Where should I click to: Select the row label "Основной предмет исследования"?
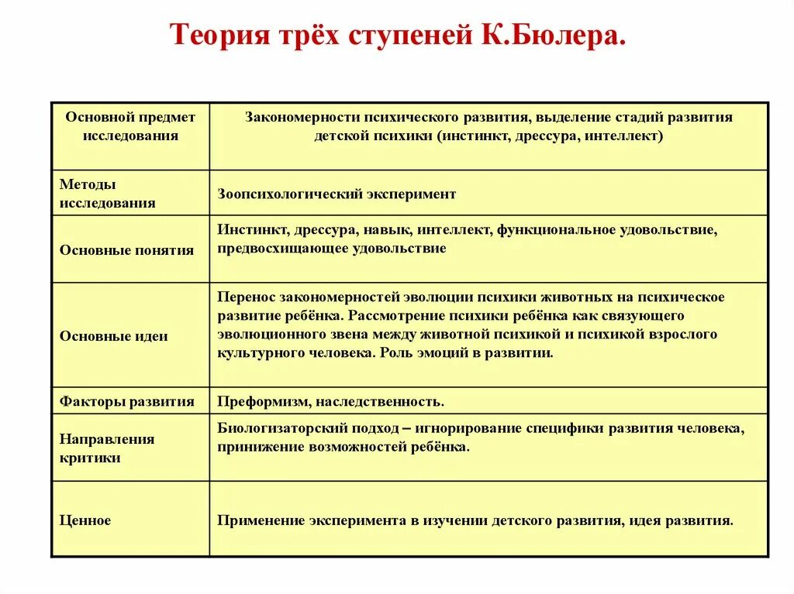pos(130,126)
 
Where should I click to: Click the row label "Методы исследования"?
pos(107,194)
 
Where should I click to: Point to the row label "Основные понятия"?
pos(126,250)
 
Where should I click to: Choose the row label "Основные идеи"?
pos(113,336)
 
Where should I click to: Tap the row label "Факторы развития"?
pos(126,401)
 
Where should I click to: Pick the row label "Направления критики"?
pos(107,448)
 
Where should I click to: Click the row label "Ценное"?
pos(85,520)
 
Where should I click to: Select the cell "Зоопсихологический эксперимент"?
pos(337,194)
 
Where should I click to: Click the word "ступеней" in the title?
pos(402,36)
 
